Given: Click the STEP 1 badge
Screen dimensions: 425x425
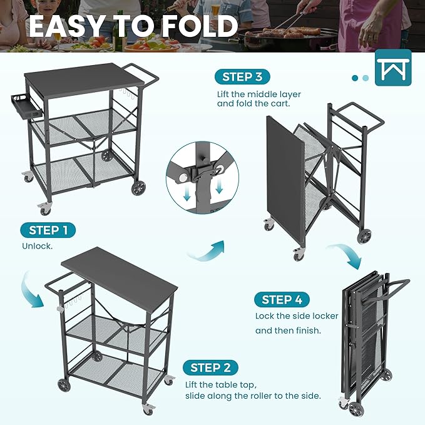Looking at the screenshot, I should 48,230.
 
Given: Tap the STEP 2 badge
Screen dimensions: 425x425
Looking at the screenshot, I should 210,367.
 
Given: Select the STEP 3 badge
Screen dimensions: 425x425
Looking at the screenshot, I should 242,77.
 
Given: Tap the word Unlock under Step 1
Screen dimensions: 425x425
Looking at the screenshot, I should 38,247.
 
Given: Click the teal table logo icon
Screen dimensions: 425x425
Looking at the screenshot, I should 393,68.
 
